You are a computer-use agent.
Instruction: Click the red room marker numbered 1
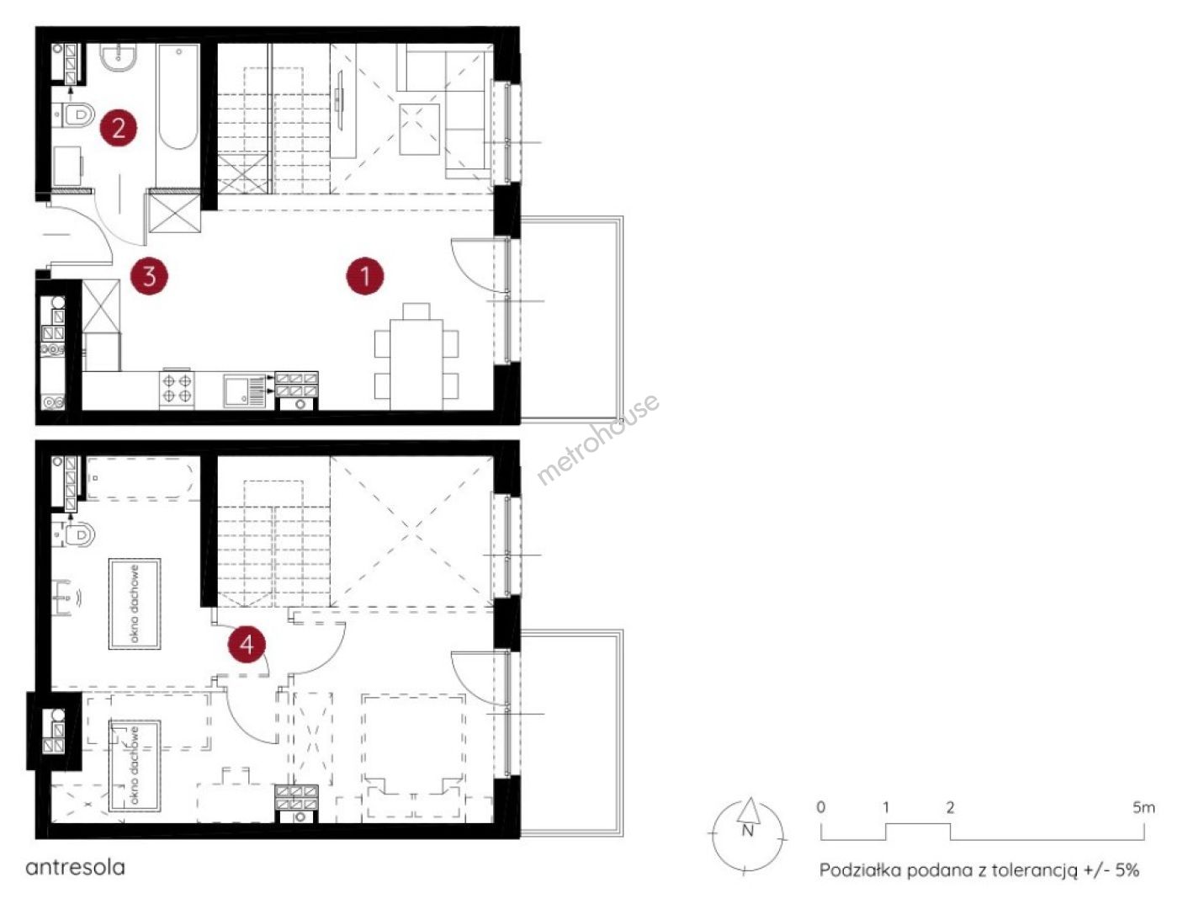click(365, 275)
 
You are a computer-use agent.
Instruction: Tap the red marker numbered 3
click(149, 275)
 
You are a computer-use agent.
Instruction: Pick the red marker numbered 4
click(247, 644)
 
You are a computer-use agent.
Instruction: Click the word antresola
click(75, 867)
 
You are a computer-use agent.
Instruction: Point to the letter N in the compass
click(747, 831)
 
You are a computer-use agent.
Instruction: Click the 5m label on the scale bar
click(1143, 807)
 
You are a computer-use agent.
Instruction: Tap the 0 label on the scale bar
click(820, 807)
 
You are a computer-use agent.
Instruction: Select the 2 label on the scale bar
click(950, 807)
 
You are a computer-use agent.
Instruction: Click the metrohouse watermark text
click(598, 439)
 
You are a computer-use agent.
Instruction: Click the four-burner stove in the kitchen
click(178, 388)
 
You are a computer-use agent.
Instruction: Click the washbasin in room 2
click(118, 58)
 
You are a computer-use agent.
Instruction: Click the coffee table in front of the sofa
click(420, 130)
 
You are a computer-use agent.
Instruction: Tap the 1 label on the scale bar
click(885, 807)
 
